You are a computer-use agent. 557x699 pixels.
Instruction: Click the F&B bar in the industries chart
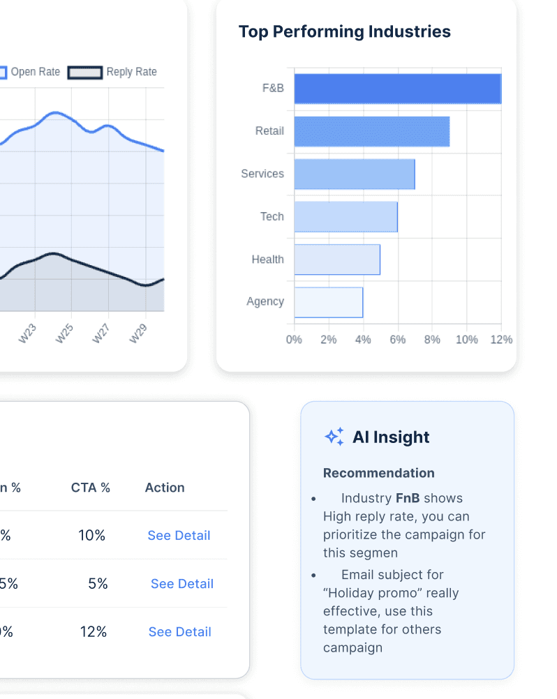(x=397, y=89)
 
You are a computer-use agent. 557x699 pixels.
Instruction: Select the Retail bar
(x=371, y=131)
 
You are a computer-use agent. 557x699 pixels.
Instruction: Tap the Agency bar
(x=328, y=302)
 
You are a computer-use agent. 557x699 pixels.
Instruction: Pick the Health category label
(x=267, y=260)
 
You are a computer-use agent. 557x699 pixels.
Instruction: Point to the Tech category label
(x=272, y=216)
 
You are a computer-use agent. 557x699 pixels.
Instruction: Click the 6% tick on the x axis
(x=397, y=340)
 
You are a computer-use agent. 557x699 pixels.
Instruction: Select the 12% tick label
(x=500, y=340)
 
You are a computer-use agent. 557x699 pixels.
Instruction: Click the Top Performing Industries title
(x=344, y=32)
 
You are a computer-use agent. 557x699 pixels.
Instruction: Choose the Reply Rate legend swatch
(x=84, y=72)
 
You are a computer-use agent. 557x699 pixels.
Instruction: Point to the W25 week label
(x=64, y=333)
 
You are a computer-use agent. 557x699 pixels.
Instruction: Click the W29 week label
(x=138, y=333)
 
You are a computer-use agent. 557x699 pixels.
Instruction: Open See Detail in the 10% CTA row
(x=179, y=536)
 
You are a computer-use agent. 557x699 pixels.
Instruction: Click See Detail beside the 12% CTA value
(x=179, y=632)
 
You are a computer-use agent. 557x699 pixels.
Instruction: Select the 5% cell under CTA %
(x=98, y=584)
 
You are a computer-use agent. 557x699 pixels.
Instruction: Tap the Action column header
(x=165, y=488)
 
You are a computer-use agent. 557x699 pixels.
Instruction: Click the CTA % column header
(x=91, y=488)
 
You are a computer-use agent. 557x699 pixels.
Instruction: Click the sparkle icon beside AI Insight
(x=334, y=437)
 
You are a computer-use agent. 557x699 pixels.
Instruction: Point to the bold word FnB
(x=408, y=498)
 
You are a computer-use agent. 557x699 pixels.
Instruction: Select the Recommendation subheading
(x=378, y=473)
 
